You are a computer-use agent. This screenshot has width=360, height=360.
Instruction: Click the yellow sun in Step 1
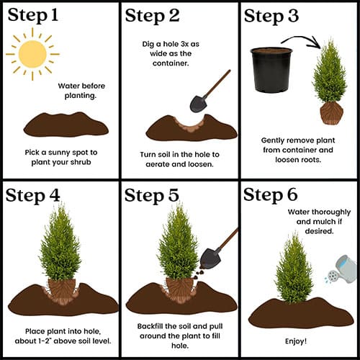click(32, 54)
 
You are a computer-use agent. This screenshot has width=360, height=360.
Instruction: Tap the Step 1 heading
click(33, 15)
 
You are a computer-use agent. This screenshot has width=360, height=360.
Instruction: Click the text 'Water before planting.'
click(81, 91)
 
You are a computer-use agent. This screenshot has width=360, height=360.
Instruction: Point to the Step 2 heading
click(152, 16)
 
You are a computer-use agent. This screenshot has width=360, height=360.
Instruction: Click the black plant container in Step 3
click(271, 70)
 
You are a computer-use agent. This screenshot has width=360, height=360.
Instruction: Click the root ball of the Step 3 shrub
click(332, 114)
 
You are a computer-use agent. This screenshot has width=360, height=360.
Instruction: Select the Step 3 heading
click(271, 17)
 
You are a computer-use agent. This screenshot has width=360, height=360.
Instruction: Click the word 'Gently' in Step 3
click(273, 140)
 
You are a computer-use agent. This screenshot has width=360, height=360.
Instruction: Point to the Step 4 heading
click(32, 196)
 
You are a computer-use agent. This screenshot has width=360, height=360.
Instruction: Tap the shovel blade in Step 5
click(209, 258)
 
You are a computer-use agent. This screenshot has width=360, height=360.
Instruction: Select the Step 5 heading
click(152, 195)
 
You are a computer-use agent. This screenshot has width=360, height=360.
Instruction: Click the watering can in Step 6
click(342, 269)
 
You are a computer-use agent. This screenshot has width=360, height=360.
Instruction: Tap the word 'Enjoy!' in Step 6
click(296, 341)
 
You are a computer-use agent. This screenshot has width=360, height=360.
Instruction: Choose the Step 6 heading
click(271, 194)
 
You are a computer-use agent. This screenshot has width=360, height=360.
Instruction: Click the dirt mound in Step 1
click(66, 125)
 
